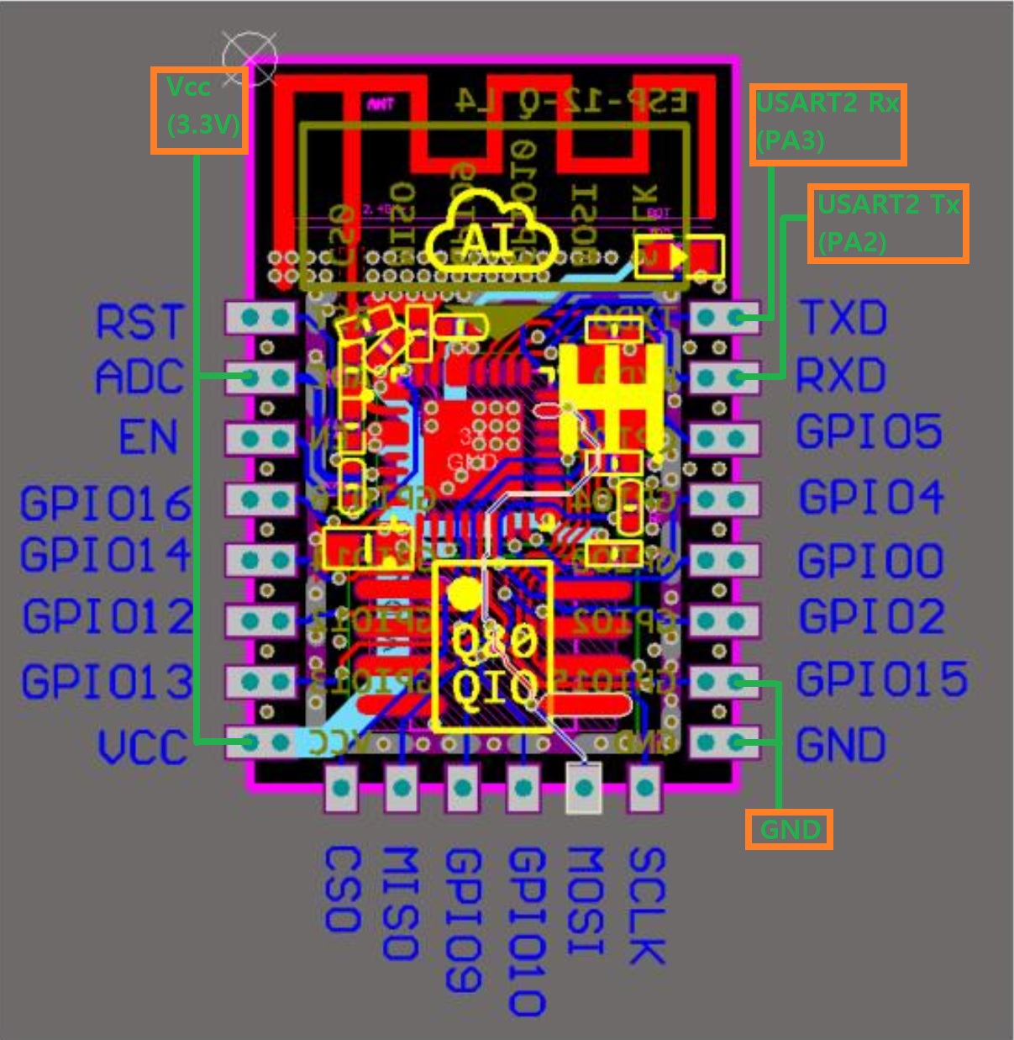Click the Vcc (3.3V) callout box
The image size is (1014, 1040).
pos(199,110)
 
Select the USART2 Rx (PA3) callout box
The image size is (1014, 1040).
pos(827,124)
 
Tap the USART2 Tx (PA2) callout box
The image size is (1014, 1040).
pos(888,224)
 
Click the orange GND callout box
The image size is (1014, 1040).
pos(789,830)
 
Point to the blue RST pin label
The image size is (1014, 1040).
pos(139,322)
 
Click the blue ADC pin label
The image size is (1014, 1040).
pos(139,377)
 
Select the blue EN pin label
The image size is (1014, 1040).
pos(149,437)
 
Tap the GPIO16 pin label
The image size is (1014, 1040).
pos(106,504)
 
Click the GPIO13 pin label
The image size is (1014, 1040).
pos(108,681)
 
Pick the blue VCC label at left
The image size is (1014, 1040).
pos(141,747)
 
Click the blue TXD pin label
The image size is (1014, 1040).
pos(843,318)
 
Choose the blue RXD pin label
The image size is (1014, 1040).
pos(841,375)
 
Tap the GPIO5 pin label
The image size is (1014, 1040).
pos(869,431)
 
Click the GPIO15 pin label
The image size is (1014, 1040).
pos(881,679)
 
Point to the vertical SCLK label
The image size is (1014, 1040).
pos(646,905)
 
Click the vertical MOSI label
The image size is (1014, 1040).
pos(585,900)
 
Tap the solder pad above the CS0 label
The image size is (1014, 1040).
pos(340,788)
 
